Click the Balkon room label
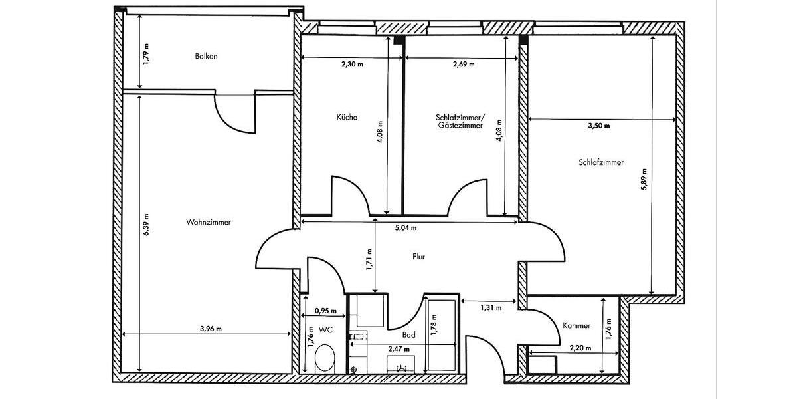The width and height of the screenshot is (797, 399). (206, 57)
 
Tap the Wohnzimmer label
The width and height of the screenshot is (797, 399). (209, 223)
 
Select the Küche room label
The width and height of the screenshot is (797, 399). (347, 117)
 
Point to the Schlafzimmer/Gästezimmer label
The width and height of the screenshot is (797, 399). (458, 121)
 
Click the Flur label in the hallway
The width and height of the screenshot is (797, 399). (418, 256)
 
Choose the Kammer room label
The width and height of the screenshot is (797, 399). (576, 325)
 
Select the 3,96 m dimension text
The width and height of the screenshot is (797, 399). (211, 328)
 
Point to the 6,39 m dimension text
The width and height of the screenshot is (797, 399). (146, 225)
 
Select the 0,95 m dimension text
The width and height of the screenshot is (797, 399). (325, 311)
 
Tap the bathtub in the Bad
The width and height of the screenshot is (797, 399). (442, 336)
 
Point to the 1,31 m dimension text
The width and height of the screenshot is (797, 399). (490, 307)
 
